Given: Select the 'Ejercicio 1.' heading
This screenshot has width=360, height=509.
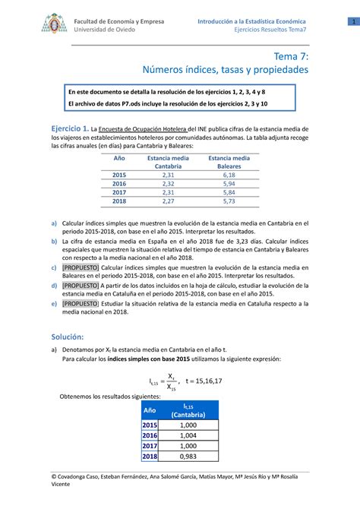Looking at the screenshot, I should (69, 129).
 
